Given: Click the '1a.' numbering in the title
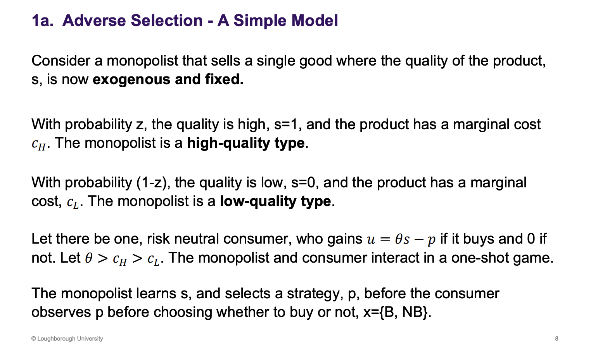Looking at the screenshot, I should pyautogui.click(x=42, y=21).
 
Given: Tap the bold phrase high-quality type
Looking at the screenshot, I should pyautogui.click(x=245, y=143).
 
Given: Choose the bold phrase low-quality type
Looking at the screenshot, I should pyautogui.click(x=275, y=201).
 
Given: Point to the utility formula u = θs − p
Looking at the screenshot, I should pyautogui.click(x=401, y=239).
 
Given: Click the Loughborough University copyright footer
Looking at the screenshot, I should pyautogui.click(x=67, y=339).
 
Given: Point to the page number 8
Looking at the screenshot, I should pyautogui.click(x=557, y=339).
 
